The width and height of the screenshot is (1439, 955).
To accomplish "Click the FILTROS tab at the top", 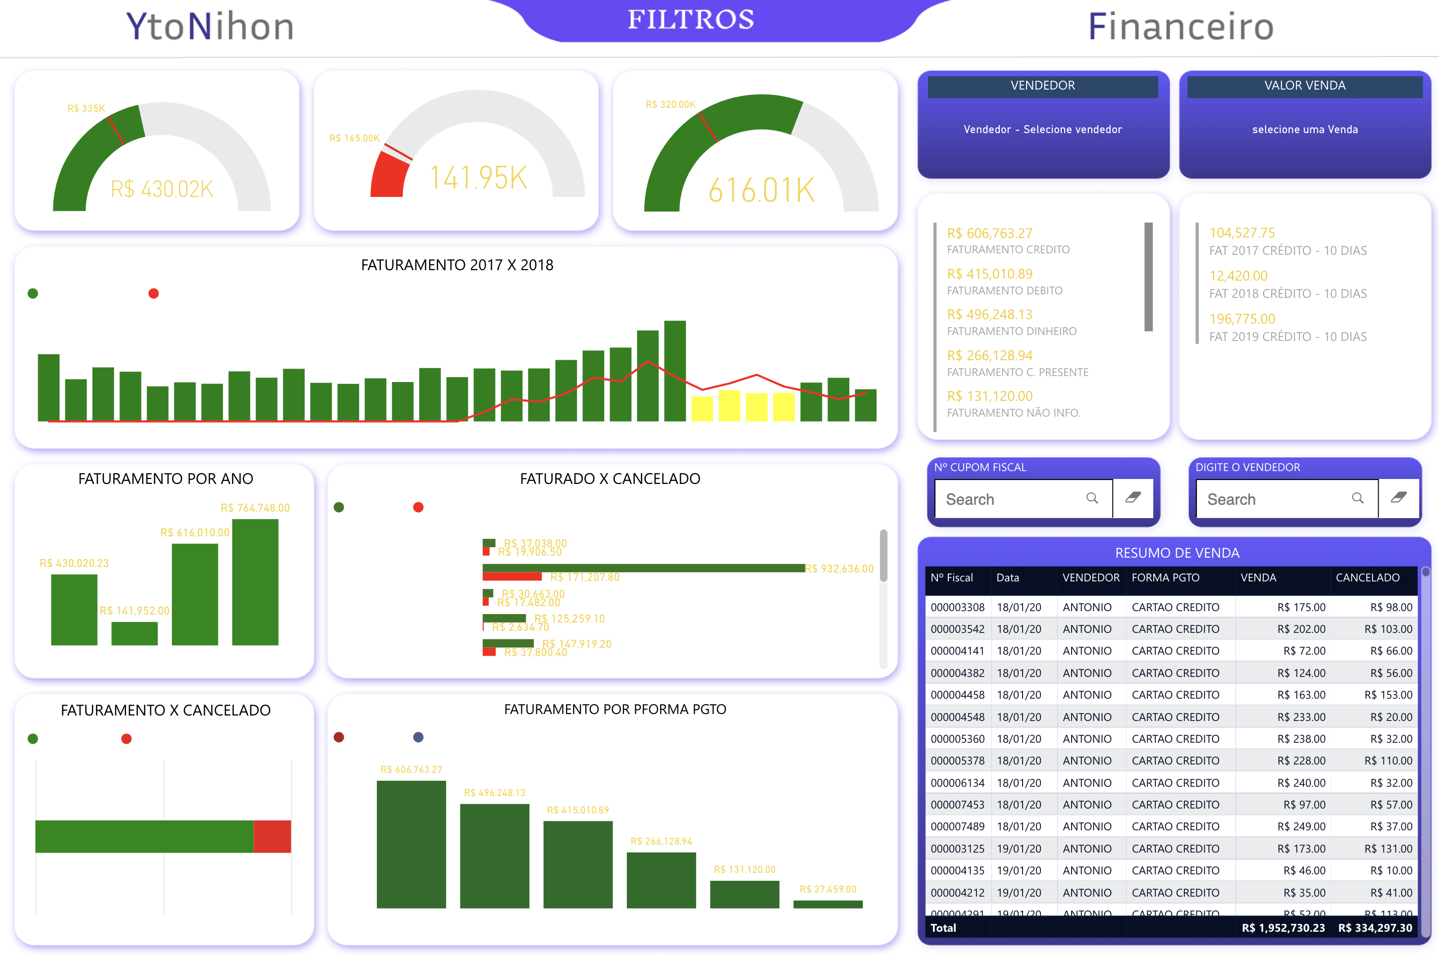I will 691,20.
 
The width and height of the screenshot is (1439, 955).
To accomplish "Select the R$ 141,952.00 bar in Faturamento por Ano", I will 134,633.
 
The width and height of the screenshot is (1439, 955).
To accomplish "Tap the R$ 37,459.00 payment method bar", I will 827,905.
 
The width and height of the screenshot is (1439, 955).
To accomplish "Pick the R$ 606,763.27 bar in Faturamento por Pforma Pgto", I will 411,844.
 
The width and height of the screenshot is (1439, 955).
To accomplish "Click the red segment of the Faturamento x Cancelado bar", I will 272,836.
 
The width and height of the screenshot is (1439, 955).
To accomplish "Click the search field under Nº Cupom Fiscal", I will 1012,499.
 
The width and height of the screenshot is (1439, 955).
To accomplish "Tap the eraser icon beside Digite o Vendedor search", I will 1398,498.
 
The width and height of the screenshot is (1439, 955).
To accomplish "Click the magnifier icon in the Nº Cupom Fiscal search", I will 1091,498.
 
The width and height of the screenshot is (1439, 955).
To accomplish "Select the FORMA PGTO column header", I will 1165,577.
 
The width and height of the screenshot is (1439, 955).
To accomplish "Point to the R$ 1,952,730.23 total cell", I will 1283,928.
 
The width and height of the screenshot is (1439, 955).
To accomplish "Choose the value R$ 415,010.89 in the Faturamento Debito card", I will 989,274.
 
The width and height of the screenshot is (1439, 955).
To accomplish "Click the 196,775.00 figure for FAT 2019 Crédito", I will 1241,319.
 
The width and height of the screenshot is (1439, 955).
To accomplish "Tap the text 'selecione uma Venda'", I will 1304,129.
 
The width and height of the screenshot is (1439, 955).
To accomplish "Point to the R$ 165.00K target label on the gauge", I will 354,138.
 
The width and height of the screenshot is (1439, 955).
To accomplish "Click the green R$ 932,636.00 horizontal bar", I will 643,568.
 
